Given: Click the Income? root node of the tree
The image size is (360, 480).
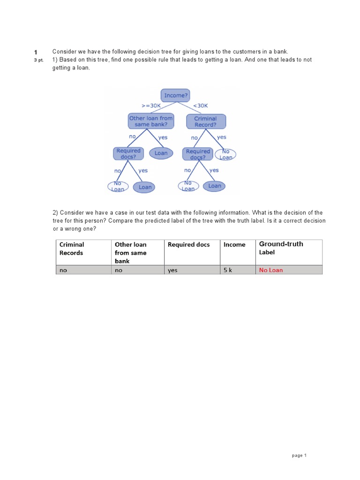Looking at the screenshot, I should point(175,95).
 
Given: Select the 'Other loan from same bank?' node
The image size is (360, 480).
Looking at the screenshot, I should point(151,121).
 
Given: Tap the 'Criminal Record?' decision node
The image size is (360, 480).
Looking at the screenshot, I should point(205,121).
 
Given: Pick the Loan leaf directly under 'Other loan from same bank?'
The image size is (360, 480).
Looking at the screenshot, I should point(161,153).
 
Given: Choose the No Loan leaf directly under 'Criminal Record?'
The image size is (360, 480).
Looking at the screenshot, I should point(225,154).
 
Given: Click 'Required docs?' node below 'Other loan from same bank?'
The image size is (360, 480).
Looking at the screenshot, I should point(128,154).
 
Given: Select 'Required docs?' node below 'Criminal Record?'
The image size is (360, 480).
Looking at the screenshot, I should point(198,154).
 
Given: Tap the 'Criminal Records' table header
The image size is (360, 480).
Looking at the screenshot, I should point(71,248).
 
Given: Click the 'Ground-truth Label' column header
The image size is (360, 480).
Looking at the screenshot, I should point(281,247).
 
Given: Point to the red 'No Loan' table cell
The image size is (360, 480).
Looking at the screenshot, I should point(271,270).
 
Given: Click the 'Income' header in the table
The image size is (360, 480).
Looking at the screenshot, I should point(234,244).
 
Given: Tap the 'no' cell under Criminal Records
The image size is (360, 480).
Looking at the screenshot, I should point(63,270).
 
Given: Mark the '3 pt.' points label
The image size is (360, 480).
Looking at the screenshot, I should point(38,60).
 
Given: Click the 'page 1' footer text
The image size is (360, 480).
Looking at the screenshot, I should point(299,455).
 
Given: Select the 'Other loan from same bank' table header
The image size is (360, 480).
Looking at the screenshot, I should point(131,252).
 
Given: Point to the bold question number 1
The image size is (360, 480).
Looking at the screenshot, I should point(35,52).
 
